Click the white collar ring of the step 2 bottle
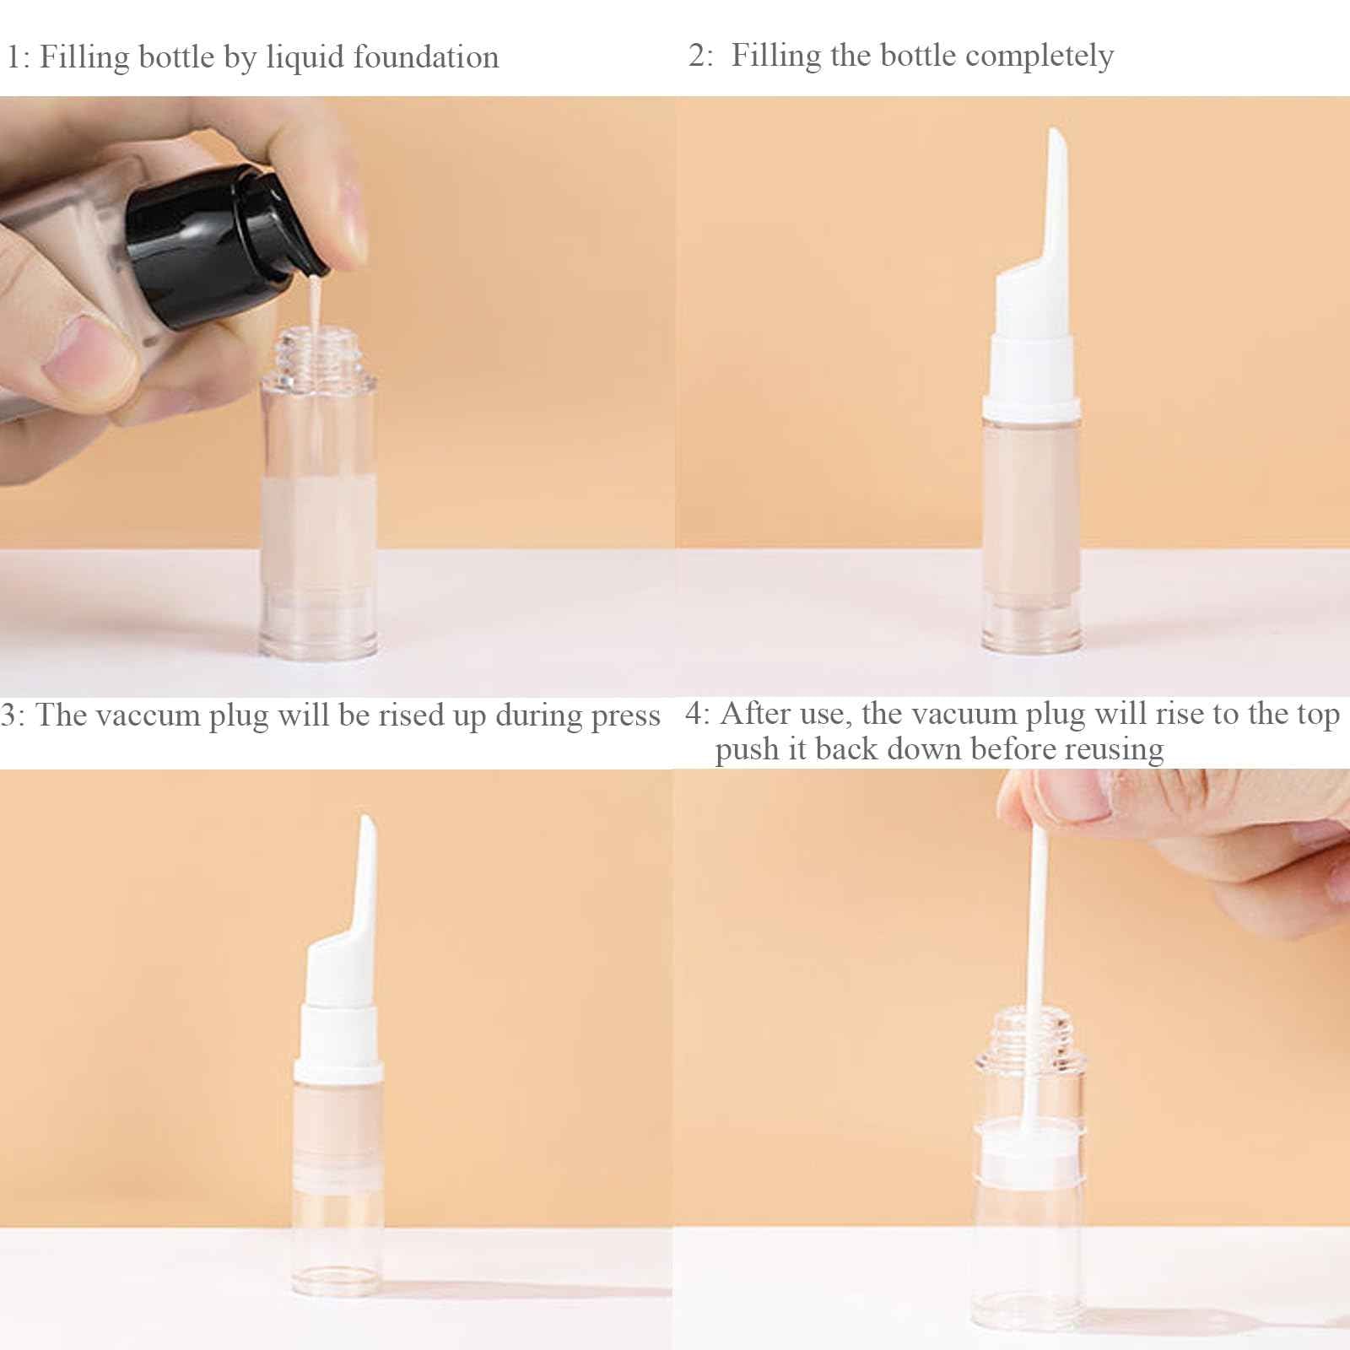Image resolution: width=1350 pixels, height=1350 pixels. click(1031, 408)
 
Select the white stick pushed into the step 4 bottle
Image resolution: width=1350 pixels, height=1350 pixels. click(1034, 945)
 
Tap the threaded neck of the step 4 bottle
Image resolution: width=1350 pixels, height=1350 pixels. click(1028, 1034)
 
